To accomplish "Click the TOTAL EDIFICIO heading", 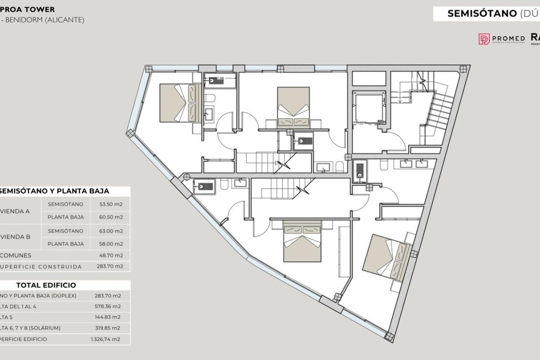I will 46,285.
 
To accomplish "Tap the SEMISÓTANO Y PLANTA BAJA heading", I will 54,191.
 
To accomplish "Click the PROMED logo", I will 501,39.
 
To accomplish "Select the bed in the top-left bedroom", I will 179,103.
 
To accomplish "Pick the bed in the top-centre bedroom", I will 293,107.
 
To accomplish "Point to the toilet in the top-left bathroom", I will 211,98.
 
